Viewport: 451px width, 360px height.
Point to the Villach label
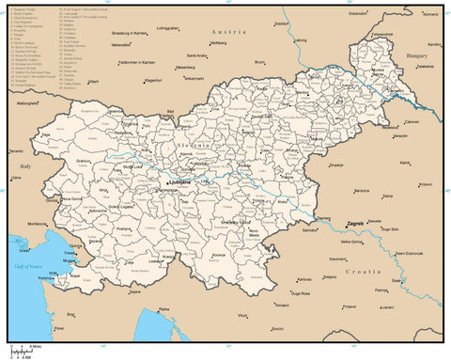pos(93,82)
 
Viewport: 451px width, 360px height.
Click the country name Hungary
pos(415,56)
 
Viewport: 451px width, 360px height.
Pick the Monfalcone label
pos(37,225)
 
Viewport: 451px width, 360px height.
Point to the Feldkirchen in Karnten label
pos(135,62)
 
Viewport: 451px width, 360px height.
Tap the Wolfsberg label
pos(218,42)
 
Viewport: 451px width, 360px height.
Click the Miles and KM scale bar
pos(23,352)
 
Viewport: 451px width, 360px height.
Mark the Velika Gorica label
pos(350,242)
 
